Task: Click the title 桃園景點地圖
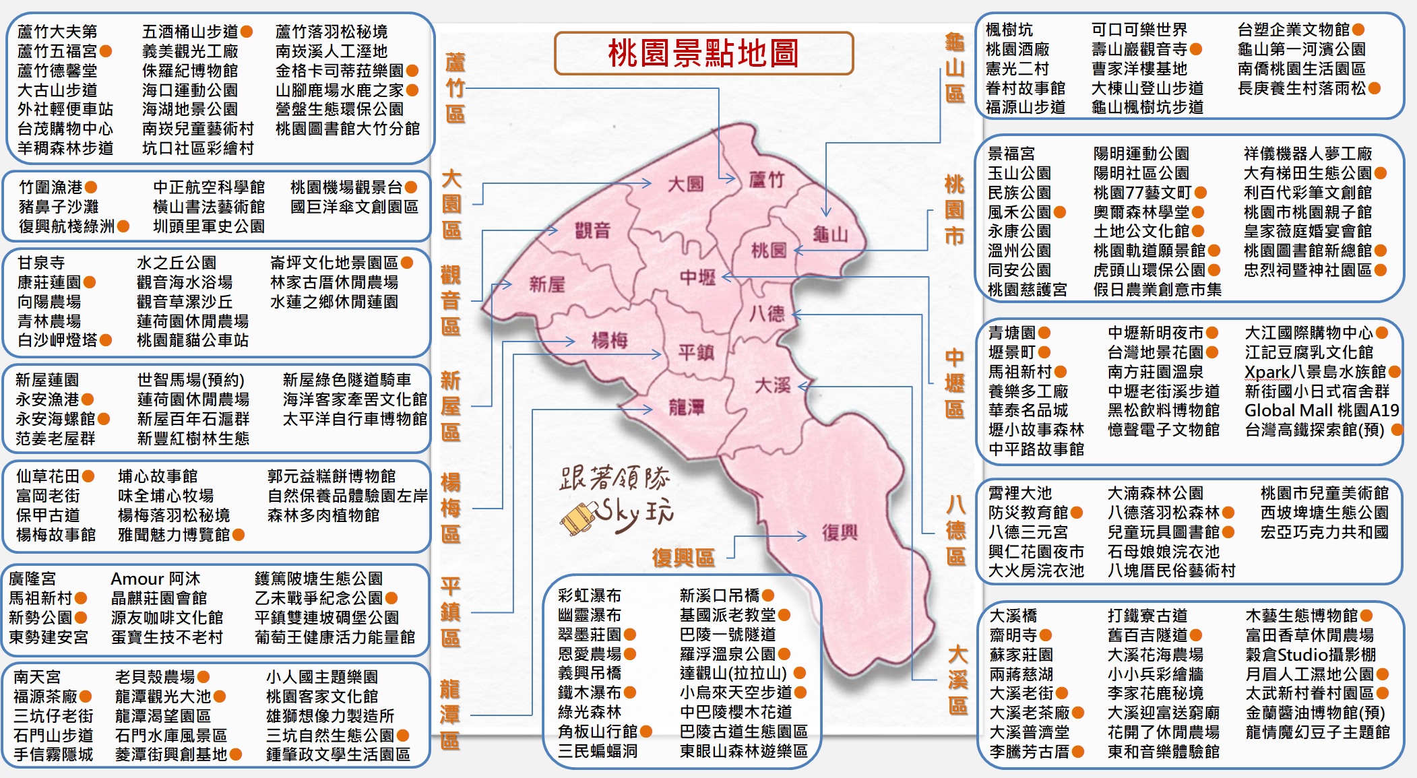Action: [x=703, y=53]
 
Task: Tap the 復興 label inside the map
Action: [x=840, y=533]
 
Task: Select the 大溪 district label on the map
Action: [x=772, y=385]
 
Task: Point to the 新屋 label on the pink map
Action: [x=546, y=284]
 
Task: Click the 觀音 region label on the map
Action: [x=592, y=230]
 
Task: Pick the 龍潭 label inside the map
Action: [x=686, y=407]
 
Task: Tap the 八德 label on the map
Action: [x=767, y=313]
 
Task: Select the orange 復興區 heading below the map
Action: [x=683, y=558]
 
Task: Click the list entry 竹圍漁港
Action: [x=51, y=187]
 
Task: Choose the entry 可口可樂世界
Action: [x=1139, y=30]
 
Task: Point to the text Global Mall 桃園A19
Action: [x=1321, y=410]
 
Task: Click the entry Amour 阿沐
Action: [x=155, y=579]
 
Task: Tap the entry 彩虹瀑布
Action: [x=589, y=595]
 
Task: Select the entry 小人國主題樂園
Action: [x=321, y=676]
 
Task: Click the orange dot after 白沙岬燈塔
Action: [x=106, y=340]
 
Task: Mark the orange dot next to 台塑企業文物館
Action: [x=1358, y=30]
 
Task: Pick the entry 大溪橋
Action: [x=1013, y=616]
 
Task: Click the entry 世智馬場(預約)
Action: [x=191, y=380]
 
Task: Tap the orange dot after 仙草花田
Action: [x=88, y=476]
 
